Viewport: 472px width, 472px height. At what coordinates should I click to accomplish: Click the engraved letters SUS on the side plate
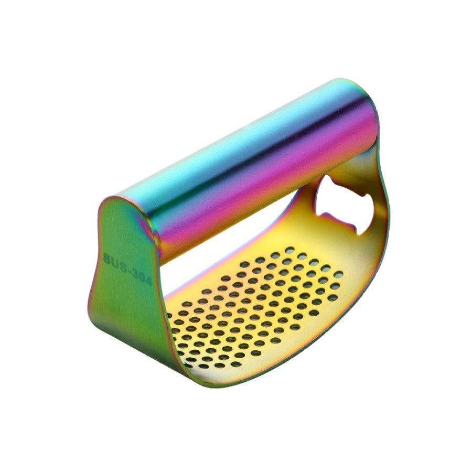[114, 261]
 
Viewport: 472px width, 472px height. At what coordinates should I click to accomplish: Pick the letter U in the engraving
[114, 261]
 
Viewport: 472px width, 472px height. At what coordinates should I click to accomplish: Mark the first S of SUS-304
[107, 258]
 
